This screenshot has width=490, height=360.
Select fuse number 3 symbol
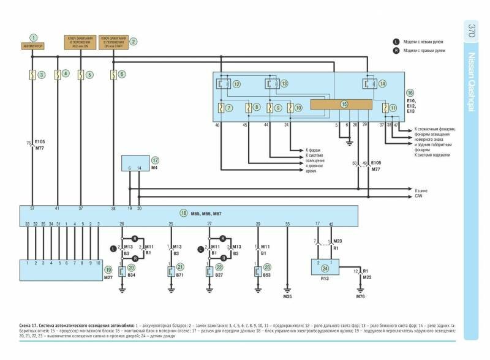click(x=33, y=75)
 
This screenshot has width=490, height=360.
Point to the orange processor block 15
click(x=344, y=104)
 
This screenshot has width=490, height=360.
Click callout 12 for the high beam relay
click(x=236, y=83)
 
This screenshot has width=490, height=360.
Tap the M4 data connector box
click(x=134, y=167)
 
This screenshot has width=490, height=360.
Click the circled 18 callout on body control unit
click(x=183, y=213)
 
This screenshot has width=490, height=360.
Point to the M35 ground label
click(x=287, y=296)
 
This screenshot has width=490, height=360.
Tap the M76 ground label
click(x=360, y=296)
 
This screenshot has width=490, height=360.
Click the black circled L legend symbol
click(x=396, y=41)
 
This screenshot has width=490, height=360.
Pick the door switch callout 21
click(x=180, y=267)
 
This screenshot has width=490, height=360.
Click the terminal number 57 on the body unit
click(x=32, y=209)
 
